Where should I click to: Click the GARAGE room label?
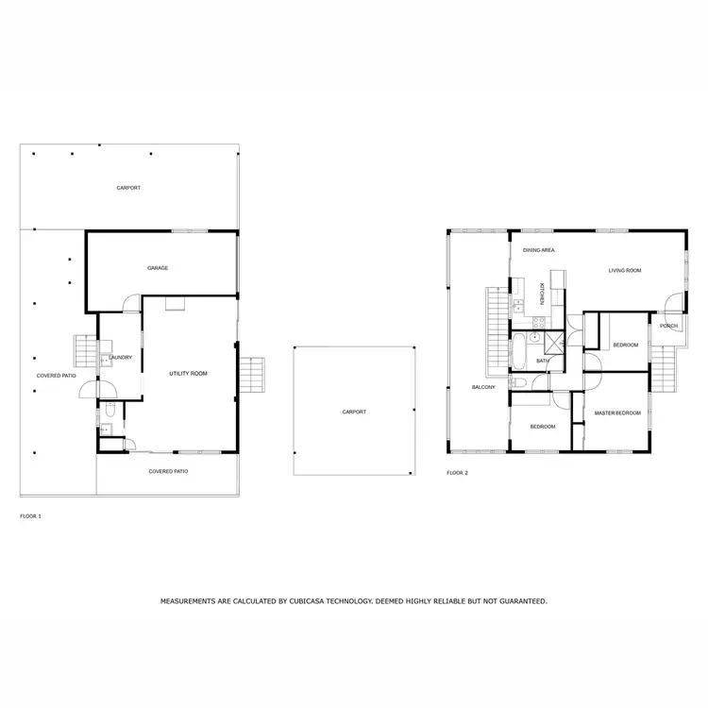pyautogui.click(x=158, y=268)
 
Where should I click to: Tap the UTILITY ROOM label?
pyautogui.click(x=188, y=374)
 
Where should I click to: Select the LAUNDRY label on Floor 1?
pyautogui.click(x=120, y=358)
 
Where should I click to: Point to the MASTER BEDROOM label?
pyautogui.click(x=617, y=413)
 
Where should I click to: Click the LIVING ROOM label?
pyautogui.click(x=624, y=271)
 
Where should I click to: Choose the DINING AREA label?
pyautogui.click(x=539, y=250)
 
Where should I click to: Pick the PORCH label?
pyautogui.click(x=668, y=326)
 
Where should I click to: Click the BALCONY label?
pyautogui.click(x=483, y=387)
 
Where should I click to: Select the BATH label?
pyautogui.click(x=543, y=361)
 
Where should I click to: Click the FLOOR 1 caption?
pyautogui.click(x=31, y=516)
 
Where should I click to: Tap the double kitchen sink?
pyautogui.click(x=518, y=306)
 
